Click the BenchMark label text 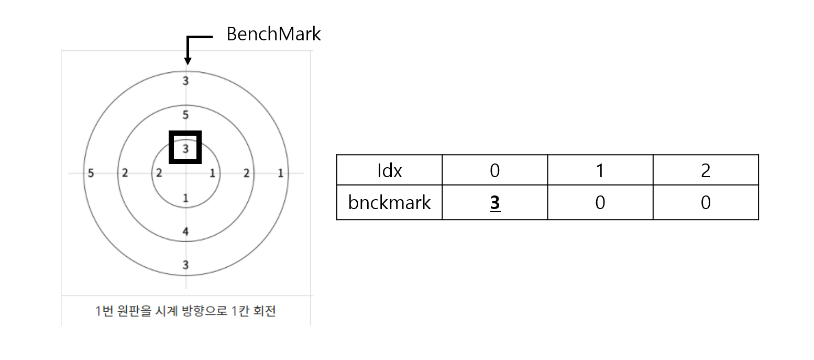point(273,34)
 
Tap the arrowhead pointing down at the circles point(188,61)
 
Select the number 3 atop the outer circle point(186,81)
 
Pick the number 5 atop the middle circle point(186,115)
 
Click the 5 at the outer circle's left point(91,173)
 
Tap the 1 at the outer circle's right point(281,173)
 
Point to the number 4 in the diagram point(186,231)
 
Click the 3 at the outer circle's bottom point(186,265)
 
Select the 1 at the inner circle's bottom point(186,198)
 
